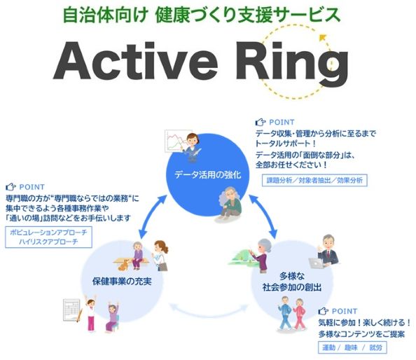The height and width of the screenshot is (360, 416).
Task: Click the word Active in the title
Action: [x=136, y=61]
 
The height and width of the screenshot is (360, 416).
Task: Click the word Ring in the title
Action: [x=292, y=64]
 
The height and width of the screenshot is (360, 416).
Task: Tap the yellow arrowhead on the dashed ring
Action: [x=323, y=37]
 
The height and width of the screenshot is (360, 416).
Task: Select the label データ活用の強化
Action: [x=208, y=175]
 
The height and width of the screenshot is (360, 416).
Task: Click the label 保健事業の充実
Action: [x=122, y=282]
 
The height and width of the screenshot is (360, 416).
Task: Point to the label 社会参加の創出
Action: [x=292, y=287]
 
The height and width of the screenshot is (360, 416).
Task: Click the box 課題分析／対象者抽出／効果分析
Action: [x=314, y=181]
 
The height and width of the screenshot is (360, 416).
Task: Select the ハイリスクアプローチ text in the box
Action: [x=48, y=242]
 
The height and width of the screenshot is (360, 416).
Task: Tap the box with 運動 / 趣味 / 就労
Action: [x=352, y=347]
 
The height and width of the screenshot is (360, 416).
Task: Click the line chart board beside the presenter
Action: [x=175, y=141]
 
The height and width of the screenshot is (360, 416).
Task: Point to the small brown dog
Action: [x=123, y=265]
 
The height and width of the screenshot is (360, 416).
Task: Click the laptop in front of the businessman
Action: [x=316, y=263]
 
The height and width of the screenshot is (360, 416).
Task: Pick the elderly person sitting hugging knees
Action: [x=229, y=204]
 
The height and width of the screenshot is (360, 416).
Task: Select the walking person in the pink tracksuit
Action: [x=299, y=314]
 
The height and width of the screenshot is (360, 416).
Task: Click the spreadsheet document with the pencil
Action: [x=72, y=310]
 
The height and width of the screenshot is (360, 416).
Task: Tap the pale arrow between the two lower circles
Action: [x=209, y=312]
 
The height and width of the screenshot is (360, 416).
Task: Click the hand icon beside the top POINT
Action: [x=261, y=122]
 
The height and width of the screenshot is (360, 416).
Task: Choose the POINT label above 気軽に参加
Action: [x=345, y=311]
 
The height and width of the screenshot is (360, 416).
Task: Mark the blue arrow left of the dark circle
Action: [x=153, y=216]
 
